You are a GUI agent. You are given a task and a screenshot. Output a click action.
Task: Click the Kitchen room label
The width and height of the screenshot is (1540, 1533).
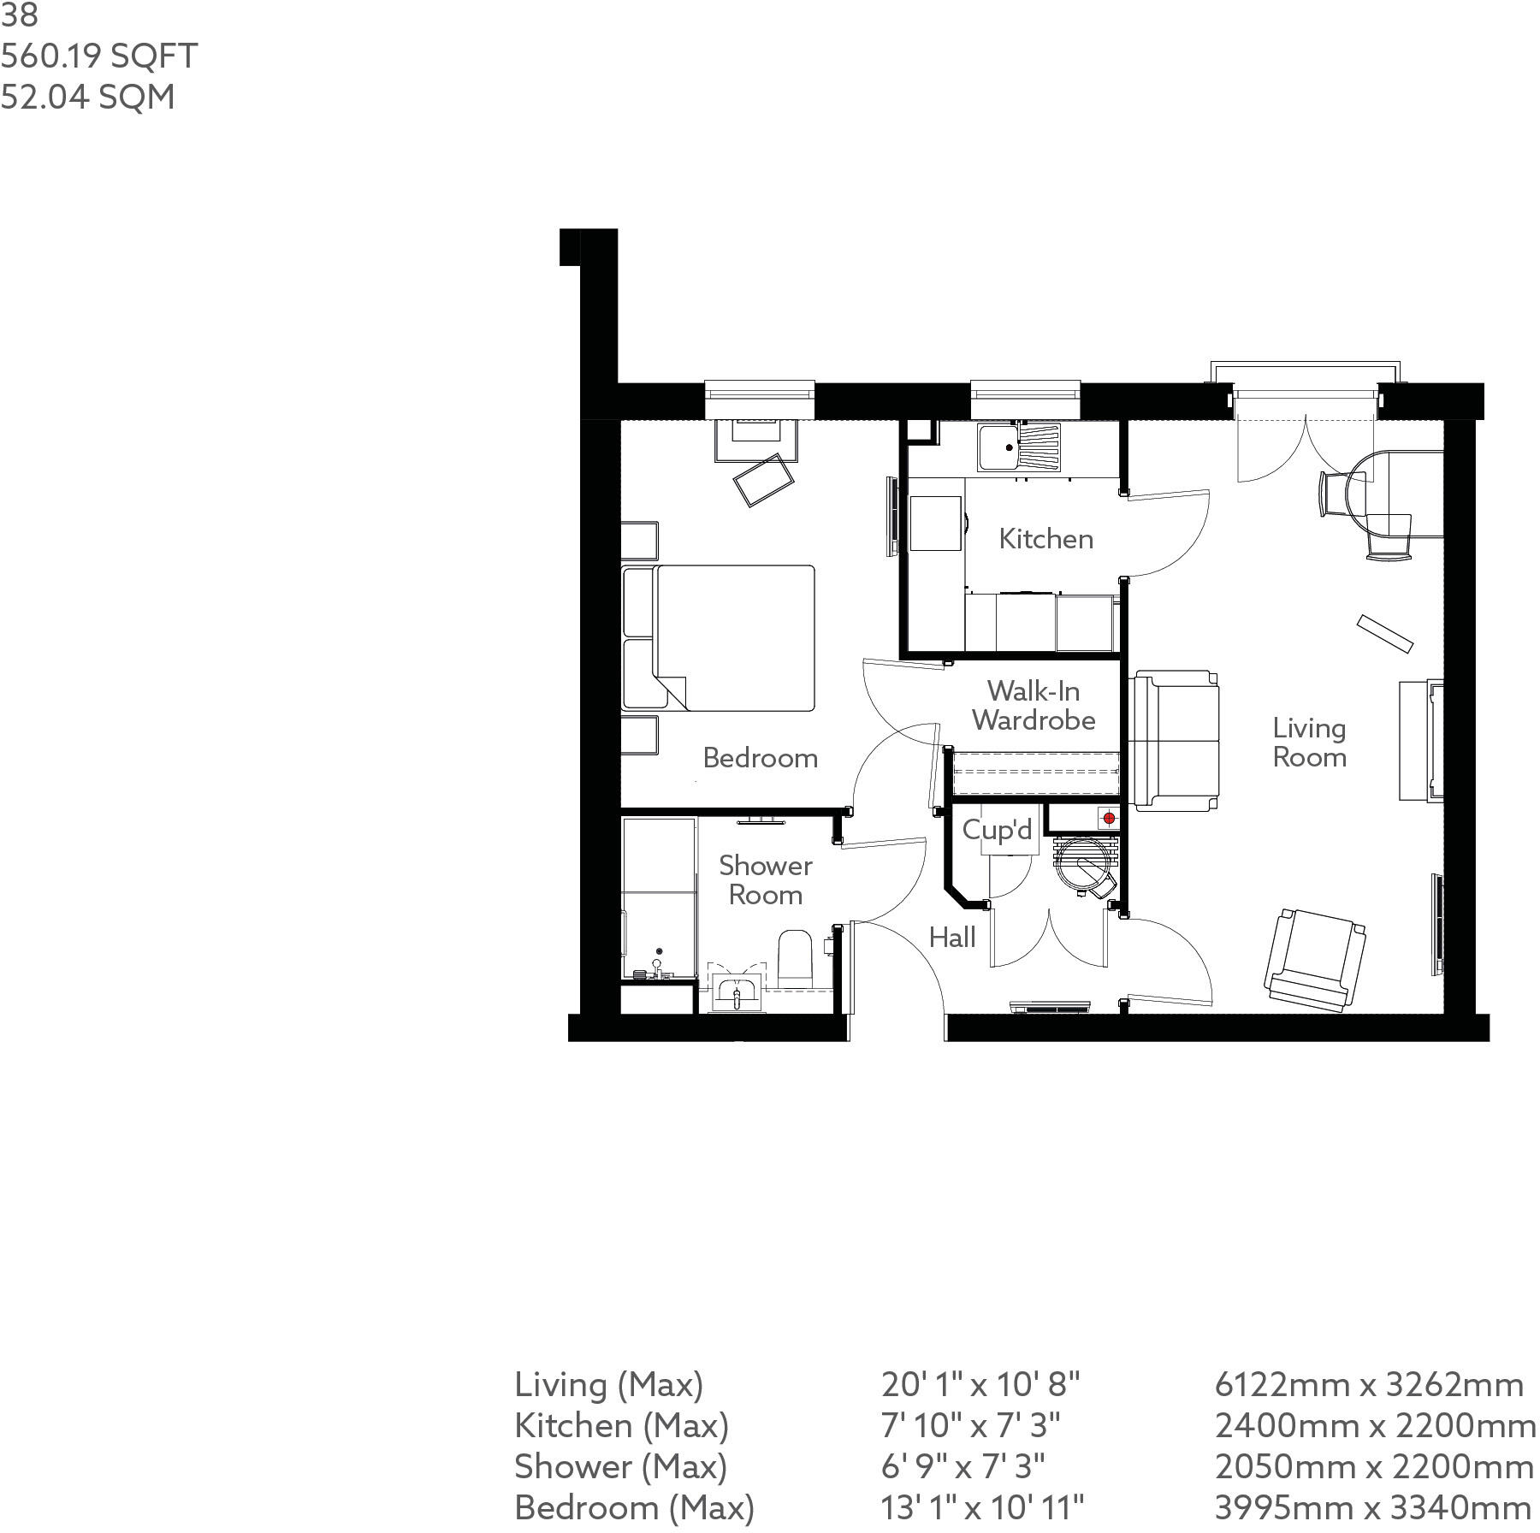1045,539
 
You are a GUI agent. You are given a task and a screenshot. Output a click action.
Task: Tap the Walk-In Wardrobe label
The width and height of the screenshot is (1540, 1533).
1034,705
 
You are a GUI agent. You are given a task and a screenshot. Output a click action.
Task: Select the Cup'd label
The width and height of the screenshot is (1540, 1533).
997,830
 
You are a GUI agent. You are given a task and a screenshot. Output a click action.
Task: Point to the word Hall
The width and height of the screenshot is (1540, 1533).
952,938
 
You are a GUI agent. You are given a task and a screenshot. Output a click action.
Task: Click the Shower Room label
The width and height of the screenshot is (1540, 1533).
765,879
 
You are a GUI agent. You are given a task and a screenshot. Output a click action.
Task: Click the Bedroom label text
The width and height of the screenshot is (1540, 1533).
760,758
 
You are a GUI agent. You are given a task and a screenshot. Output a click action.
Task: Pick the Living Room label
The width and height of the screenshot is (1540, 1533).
1309,743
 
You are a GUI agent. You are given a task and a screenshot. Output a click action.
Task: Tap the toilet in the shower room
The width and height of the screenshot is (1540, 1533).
794,956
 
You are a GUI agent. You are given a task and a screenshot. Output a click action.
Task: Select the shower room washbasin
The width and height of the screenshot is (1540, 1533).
736,992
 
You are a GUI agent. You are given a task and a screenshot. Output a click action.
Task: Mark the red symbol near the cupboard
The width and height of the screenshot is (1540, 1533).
1109,819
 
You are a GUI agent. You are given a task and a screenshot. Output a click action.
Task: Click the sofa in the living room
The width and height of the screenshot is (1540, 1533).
1174,741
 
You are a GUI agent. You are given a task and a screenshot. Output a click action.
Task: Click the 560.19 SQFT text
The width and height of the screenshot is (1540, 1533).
99,56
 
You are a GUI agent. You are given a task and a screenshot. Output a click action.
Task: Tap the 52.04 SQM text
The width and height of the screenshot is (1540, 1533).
87,97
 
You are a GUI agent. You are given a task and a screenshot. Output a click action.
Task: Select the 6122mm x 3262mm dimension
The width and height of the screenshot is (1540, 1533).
1369,1384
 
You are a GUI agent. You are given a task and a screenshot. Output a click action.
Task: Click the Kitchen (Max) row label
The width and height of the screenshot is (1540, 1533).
621,1425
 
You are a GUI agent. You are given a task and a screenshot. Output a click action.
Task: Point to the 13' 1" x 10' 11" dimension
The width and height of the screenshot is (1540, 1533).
982,1507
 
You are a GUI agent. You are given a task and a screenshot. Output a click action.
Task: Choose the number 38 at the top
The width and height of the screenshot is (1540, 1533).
19,15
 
